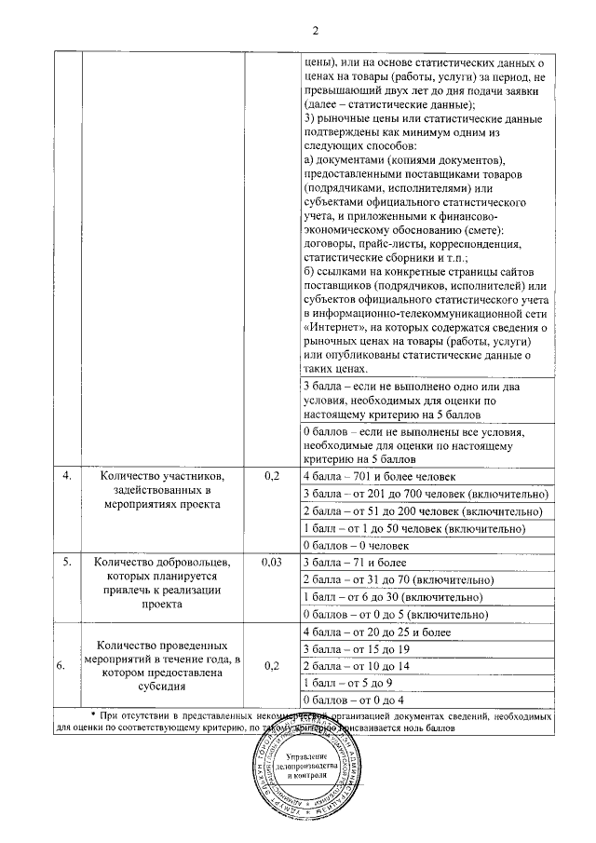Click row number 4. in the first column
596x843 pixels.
tap(67, 476)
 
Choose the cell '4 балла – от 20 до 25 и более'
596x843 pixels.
tap(377, 632)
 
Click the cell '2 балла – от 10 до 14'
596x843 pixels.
tap(357, 666)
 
